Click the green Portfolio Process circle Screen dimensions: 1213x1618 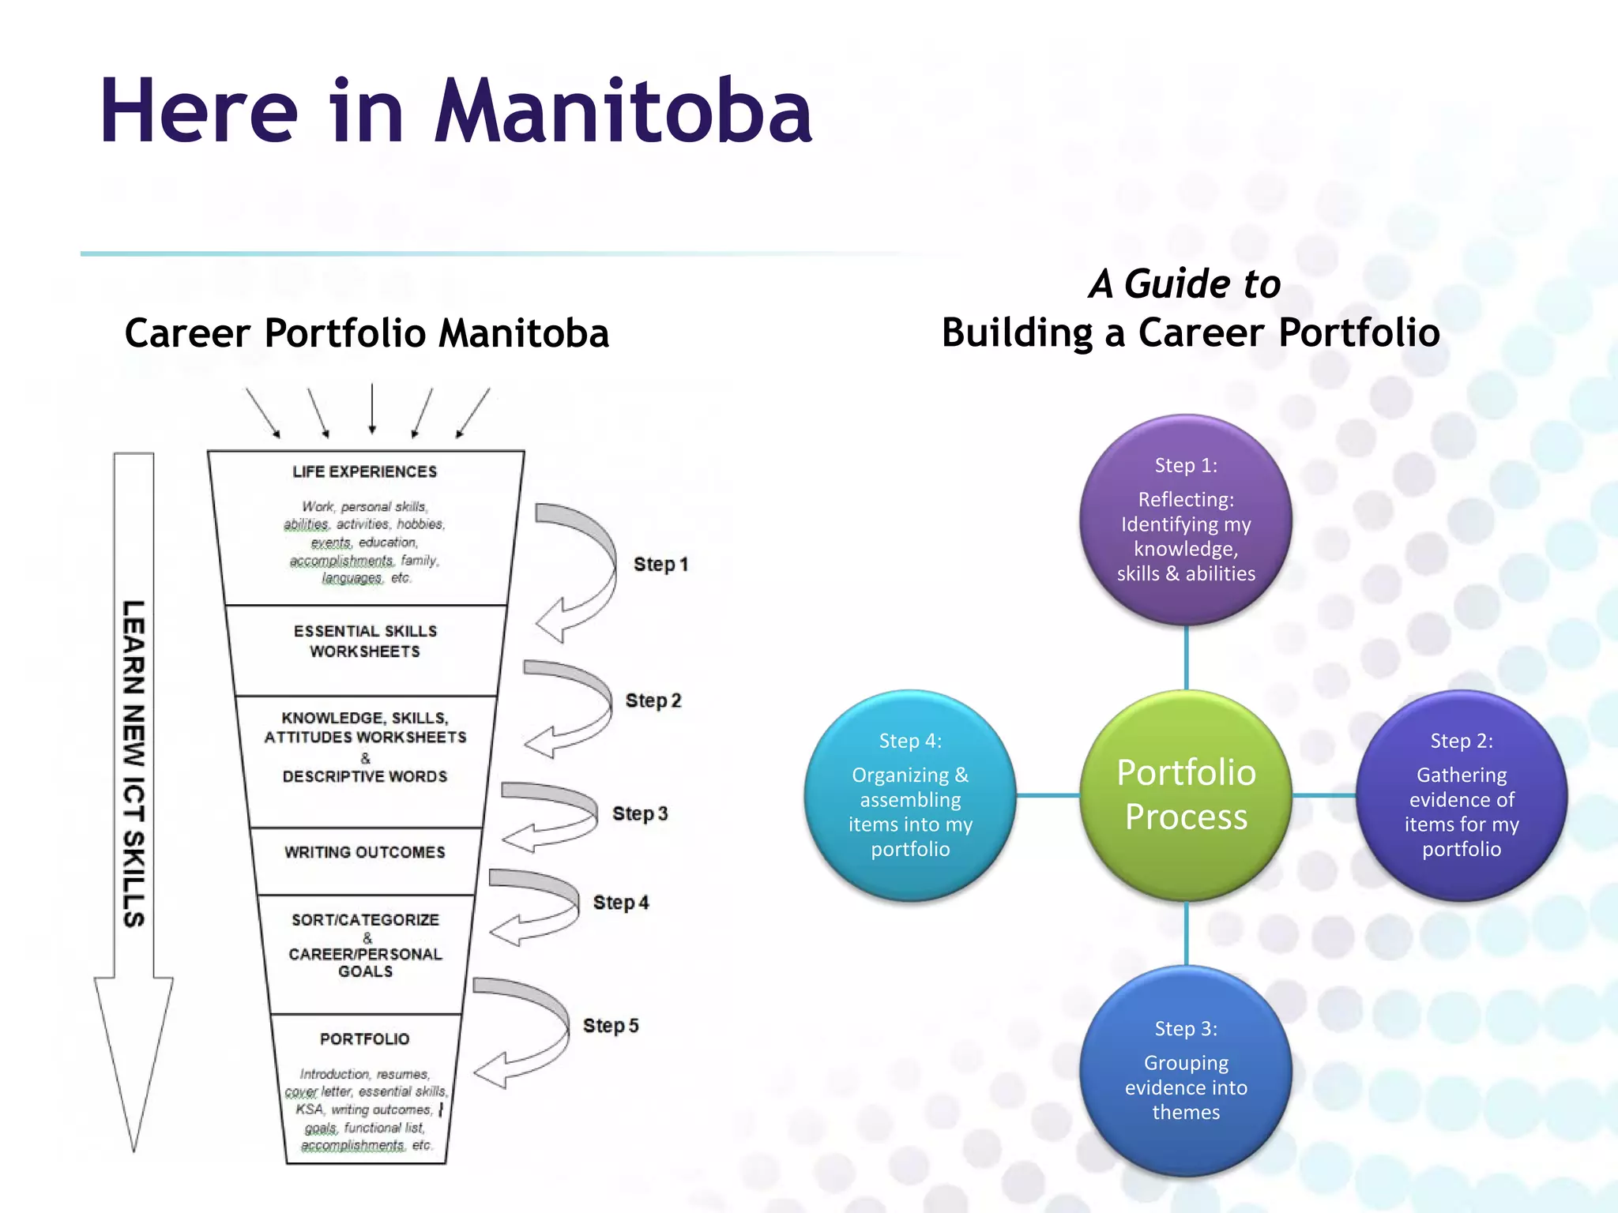1186,794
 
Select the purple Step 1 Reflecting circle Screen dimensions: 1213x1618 1186,520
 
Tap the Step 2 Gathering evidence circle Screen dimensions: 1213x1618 1461,794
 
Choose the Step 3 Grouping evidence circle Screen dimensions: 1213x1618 1186,1070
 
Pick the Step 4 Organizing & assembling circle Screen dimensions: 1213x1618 910,794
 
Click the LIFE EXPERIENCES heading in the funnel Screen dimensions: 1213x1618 364,471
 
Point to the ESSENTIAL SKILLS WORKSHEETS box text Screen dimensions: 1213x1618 364,641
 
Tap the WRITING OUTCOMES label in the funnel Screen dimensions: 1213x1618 364,852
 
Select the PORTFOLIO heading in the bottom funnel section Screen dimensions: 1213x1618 364,1038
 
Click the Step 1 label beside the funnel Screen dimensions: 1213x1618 660,564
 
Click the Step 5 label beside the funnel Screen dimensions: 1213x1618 611,1025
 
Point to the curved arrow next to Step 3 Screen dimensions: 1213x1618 553,815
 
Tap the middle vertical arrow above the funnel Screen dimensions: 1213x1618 372,409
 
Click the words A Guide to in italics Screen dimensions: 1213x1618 1184,284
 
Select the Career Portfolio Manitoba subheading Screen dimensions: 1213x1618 367,332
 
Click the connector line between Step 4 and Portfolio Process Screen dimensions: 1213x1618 1048,794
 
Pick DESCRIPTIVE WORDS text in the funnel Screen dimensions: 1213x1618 364,776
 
